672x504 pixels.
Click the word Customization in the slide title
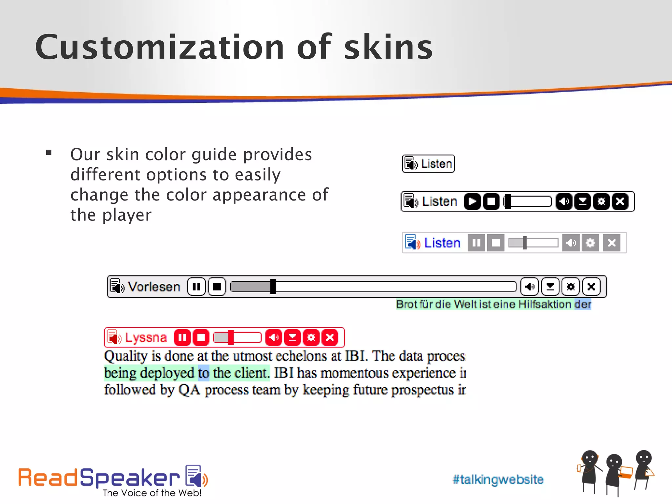coord(159,48)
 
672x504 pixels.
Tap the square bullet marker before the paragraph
coord(49,152)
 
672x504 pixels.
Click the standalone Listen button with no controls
coord(428,163)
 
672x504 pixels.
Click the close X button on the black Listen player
coord(620,201)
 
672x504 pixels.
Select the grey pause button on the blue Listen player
coord(476,243)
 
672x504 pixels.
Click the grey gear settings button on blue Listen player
coord(590,243)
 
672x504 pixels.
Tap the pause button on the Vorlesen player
coord(196,287)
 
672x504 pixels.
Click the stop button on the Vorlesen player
coord(217,287)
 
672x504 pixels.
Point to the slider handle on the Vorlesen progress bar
coord(273,287)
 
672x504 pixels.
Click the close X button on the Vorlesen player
coord(591,287)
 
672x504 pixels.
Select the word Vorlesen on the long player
coord(154,287)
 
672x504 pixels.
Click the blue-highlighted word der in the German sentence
coord(583,304)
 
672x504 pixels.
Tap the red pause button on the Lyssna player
coord(182,337)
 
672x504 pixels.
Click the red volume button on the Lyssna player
coord(274,337)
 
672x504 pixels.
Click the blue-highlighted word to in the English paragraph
coord(203,373)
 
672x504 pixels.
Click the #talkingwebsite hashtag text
coord(498,479)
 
